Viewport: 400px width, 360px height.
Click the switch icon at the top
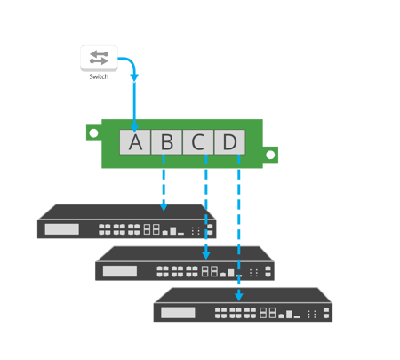click(x=99, y=59)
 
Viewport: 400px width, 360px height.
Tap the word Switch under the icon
click(x=99, y=77)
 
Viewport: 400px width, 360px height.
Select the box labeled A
click(x=135, y=142)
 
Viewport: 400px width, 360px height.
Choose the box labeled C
click(x=197, y=142)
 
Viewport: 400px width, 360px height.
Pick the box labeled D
click(x=229, y=142)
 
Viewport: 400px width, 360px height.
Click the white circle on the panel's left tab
click(x=94, y=132)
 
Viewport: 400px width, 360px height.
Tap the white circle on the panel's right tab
click(x=271, y=156)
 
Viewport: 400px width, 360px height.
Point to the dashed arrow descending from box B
click(x=164, y=182)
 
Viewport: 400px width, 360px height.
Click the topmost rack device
click(x=124, y=222)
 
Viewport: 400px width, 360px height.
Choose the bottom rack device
click(x=243, y=305)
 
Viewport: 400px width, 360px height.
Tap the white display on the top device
click(x=61, y=229)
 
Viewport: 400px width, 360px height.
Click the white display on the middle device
click(x=120, y=271)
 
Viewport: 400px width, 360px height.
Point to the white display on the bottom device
click(x=178, y=312)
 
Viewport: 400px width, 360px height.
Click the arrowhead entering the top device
click(x=164, y=207)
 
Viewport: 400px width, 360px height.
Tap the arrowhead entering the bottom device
click(x=239, y=296)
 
